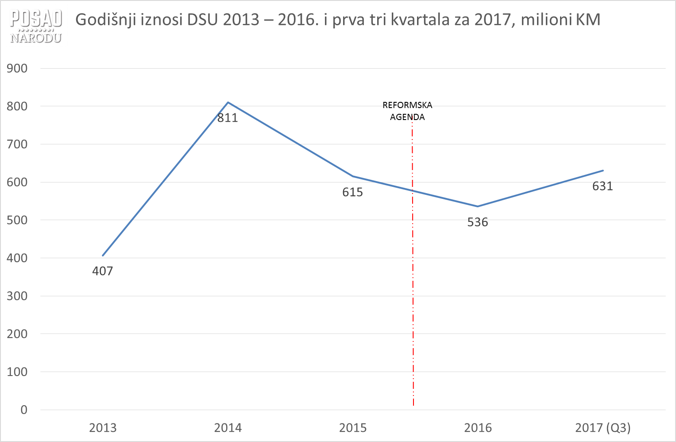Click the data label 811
(x=228, y=118)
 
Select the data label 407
(x=103, y=271)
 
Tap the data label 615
(x=352, y=192)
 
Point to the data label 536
(x=478, y=222)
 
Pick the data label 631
(x=603, y=186)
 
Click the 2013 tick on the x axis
(x=103, y=428)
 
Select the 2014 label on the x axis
(x=228, y=428)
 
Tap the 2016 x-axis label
(x=478, y=428)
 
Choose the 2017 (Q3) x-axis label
(x=603, y=428)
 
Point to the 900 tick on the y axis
(x=17, y=68)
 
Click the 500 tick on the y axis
(x=17, y=220)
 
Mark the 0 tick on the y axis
(x=24, y=410)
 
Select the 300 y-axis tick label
(x=17, y=296)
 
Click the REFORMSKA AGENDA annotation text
(x=407, y=111)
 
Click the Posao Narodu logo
(x=36, y=27)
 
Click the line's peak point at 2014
(x=228, y=102)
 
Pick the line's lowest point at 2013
(x=103, y=256)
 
